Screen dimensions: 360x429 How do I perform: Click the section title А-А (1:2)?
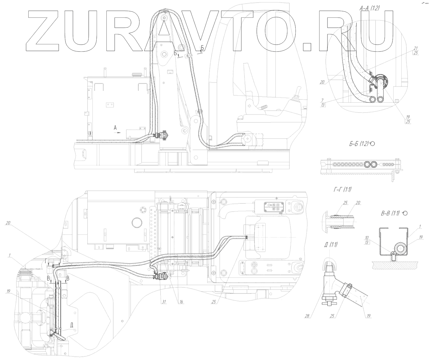(370, 9)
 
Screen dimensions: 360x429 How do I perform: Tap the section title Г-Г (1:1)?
(342, 189)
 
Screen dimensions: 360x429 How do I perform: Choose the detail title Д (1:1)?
(331, 245)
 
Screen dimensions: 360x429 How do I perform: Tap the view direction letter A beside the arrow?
(115, 128)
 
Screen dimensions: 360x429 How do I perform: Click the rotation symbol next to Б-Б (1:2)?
(372, 144)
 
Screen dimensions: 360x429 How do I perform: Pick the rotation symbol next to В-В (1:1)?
(405, 213)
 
